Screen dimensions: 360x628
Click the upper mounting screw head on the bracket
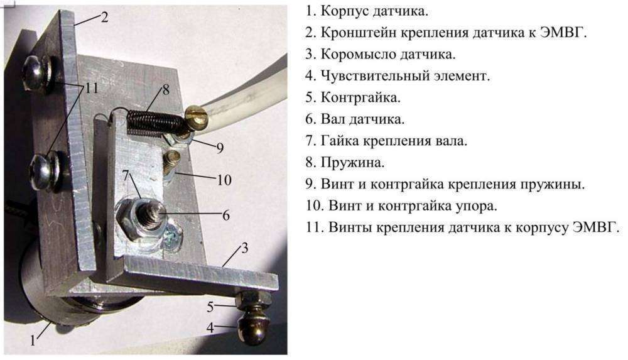point(36,72)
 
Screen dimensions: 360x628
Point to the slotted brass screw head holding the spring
point(196,116)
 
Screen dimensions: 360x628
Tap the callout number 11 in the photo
point(92,89)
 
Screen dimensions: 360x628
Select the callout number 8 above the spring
point(166,89)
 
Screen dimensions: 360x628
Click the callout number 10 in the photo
point(224,180)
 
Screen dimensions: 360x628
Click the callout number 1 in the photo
point(35,342)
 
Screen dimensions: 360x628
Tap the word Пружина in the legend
point(352,163)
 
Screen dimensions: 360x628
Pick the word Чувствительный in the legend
point(375,76)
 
